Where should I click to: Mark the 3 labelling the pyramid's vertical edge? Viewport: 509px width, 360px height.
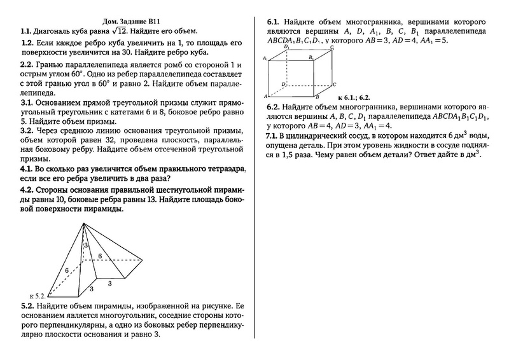[92, 289]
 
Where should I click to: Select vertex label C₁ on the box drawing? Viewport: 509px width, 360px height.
[333, 48]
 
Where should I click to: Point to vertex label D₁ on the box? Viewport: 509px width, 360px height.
[288, 48]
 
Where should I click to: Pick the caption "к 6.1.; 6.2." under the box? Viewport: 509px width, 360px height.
[353, 97]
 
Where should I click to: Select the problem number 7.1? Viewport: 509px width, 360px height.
[272, 136]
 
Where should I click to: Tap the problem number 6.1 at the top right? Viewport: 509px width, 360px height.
[272, 22]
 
